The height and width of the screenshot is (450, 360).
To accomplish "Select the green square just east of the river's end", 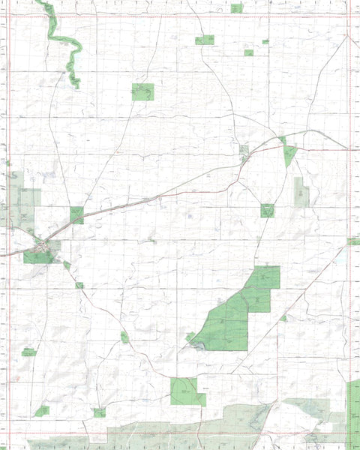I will tap(142, 91).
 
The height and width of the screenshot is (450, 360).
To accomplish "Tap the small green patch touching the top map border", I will tap(237, 8).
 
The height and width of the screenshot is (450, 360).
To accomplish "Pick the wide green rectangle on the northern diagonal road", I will tap(205, 40).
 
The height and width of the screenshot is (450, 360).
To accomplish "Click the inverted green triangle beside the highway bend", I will tap(289, 154).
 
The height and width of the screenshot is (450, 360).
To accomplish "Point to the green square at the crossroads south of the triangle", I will tap(268, 210).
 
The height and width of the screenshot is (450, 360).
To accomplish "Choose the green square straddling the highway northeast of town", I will tap(76, 215).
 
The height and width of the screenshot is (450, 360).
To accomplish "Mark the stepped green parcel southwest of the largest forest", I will tap(187, 391).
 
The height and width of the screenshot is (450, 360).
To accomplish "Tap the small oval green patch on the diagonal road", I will tap(124, 337).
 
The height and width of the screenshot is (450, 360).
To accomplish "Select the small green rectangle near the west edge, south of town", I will tap(28, 352).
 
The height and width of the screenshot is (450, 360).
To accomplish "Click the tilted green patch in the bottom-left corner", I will tap(42, 411).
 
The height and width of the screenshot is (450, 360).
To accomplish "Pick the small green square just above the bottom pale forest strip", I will tap(99, 412).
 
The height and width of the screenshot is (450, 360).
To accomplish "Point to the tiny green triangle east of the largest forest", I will tap(283, 318).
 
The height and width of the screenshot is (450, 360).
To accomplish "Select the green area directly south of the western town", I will tap(39, 256).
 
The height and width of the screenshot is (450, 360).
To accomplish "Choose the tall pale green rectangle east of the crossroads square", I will tap(301, 192).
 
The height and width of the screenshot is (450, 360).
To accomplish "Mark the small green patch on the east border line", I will tap(353, 241).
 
